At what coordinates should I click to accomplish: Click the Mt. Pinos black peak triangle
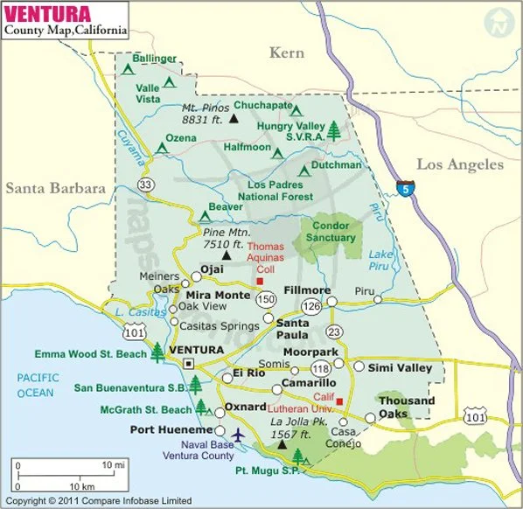point(234,117)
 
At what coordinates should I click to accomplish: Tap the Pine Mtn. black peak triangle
point(227,256)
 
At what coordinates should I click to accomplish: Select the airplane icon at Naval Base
point(238,434)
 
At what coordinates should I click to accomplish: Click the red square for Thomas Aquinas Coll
point(259,282)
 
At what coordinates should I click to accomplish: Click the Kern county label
point(286,53)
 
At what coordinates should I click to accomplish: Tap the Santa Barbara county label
point(55,188)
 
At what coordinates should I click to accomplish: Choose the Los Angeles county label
point(459,164)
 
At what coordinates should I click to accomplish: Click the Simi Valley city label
point(400,368)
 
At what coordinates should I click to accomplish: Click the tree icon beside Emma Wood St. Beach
point(157,352)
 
